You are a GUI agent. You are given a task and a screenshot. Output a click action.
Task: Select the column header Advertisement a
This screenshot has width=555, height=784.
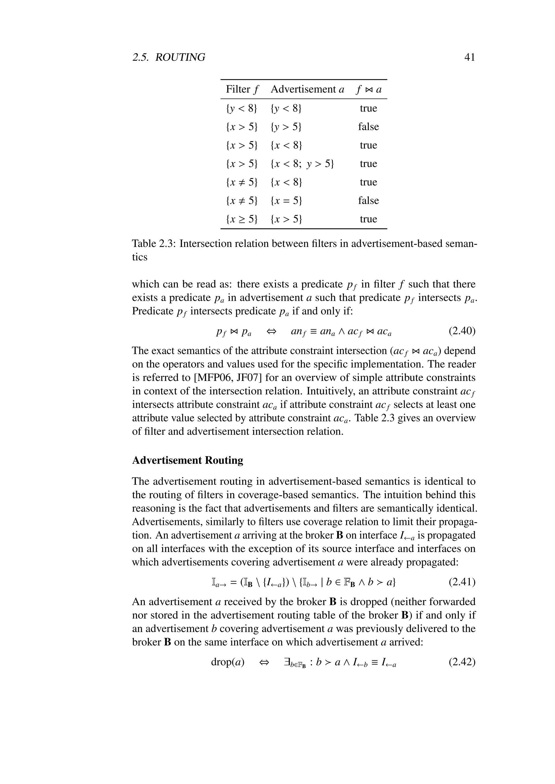coord(307,89)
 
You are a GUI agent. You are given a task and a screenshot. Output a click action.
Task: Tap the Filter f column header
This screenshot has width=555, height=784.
coord(242,89)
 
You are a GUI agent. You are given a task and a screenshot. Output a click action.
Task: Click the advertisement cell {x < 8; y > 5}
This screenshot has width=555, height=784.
coord(302,164)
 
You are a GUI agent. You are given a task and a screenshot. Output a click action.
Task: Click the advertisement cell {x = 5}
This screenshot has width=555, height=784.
coord(286,200)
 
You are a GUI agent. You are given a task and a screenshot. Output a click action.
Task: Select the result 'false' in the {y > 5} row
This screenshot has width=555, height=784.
coord(368,127)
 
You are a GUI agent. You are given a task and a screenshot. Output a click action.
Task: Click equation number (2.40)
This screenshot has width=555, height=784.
coord(462,331)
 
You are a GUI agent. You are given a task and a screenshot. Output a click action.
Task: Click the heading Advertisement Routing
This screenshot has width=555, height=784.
coord(188,460)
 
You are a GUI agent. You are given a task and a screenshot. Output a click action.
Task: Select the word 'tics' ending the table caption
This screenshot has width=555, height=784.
coord(140,257)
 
